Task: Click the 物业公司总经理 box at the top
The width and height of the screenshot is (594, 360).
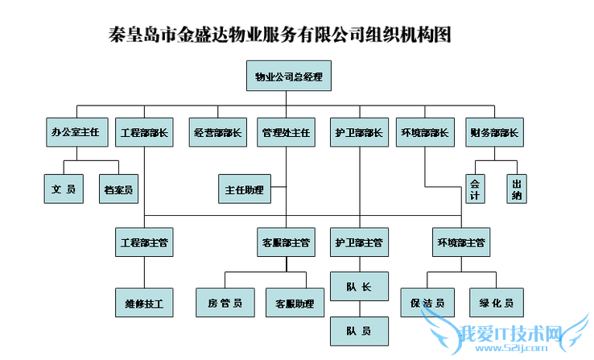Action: click(288, 77)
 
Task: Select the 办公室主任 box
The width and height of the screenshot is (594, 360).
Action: click(75, 133)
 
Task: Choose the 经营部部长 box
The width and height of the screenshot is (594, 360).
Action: click(217, 133)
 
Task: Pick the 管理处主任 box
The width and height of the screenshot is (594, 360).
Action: click(287, 133)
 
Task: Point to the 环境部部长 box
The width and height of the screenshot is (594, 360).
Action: click(424, 133)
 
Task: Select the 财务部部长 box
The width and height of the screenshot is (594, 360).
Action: click(493, 133)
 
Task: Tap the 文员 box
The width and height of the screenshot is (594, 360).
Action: click(64, 189)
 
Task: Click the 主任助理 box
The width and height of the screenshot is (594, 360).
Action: click(245, 189)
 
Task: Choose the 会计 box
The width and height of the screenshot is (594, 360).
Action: click(476, 189)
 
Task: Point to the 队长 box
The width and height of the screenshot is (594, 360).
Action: click(359, 286)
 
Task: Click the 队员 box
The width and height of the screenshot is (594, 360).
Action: click(359, 330)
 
